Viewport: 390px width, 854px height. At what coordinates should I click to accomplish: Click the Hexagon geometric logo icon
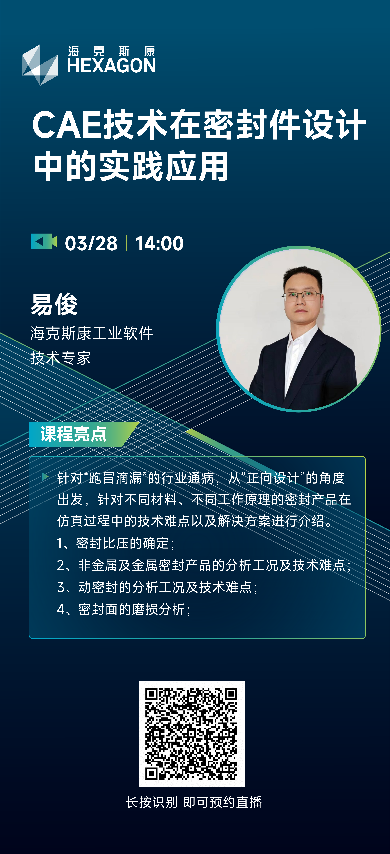40,65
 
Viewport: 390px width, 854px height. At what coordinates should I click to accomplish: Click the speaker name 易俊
54,304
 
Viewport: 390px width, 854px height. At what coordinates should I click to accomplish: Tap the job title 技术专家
61,358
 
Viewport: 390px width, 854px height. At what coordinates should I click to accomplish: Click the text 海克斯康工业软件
92,333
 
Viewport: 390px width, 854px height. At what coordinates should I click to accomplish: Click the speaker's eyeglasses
302,295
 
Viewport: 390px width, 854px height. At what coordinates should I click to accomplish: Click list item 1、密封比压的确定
116,543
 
